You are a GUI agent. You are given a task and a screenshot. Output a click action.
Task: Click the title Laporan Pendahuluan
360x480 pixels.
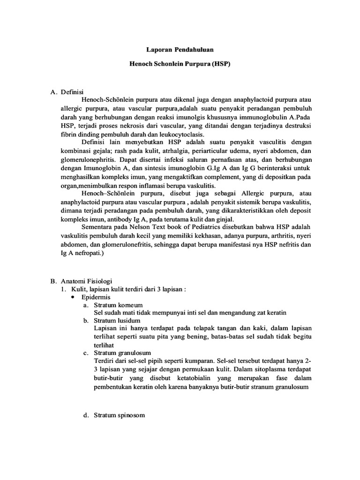click(x=180, y=49)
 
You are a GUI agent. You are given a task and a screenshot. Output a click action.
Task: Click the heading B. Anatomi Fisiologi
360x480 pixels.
click(x=81, y=281)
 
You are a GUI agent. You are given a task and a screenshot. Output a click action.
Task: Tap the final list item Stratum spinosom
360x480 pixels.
click(x=119, y=415)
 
